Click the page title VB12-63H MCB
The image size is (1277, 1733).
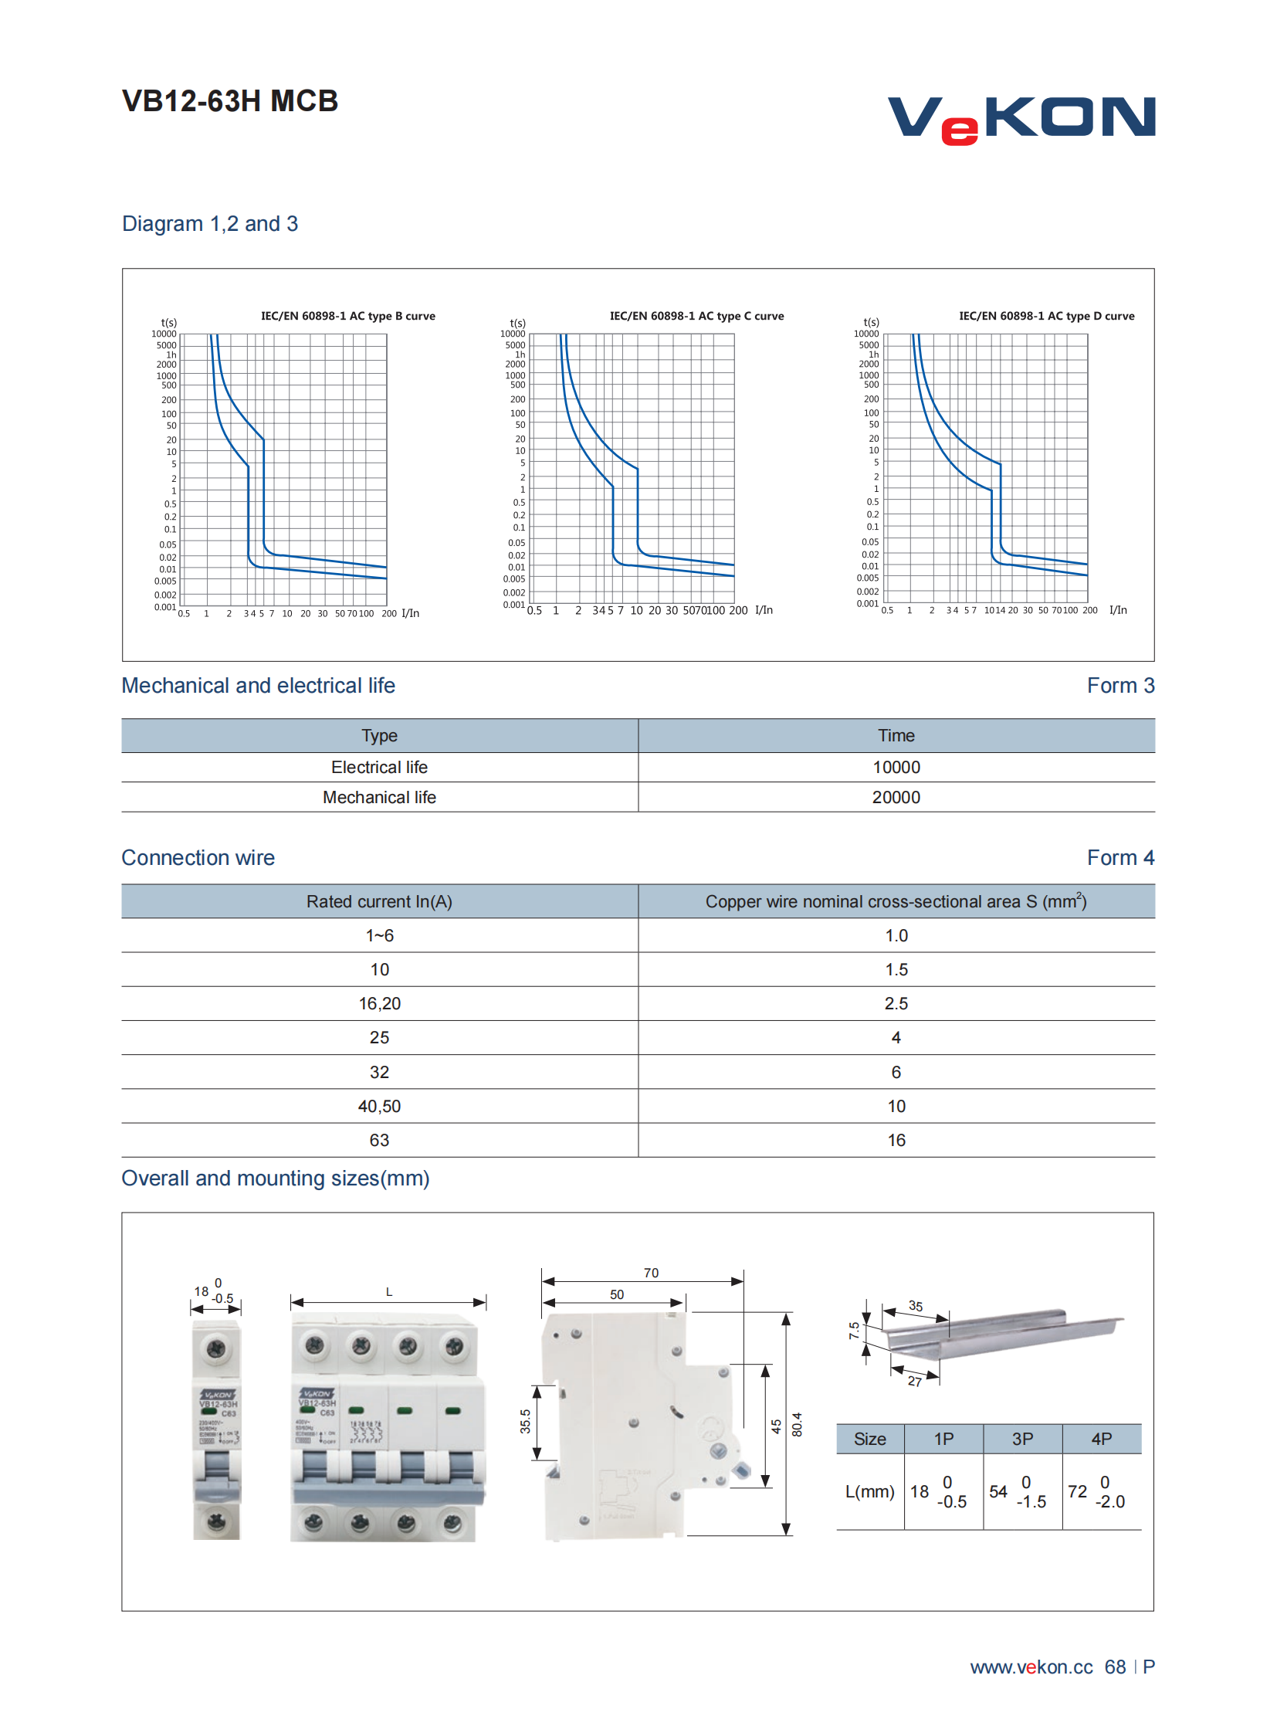[229, 101]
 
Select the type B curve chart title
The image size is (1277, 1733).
[348, 317]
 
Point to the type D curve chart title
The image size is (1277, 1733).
[1046, 317]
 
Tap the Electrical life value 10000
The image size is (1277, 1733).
[896, 767]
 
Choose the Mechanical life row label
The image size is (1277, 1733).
[379, 797]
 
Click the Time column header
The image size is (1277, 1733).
[896, 735]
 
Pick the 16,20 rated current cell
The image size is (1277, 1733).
[379, 1003]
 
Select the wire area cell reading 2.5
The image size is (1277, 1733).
[896, 1003]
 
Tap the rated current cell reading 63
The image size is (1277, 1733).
[379, 1140]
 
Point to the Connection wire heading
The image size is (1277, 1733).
[198, 857]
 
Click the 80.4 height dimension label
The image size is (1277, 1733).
[797, 1424]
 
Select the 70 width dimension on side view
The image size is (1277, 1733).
[651, 1273]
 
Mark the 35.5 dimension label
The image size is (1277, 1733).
[526, 1421]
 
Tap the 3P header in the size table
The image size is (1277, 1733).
[1022, 1439]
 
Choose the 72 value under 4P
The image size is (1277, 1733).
[1077, 1492]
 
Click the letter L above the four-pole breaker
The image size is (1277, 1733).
[389, 1292]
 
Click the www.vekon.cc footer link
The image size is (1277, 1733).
[1031, 1667]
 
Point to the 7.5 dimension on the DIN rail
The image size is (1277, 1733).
[853, 1330]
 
